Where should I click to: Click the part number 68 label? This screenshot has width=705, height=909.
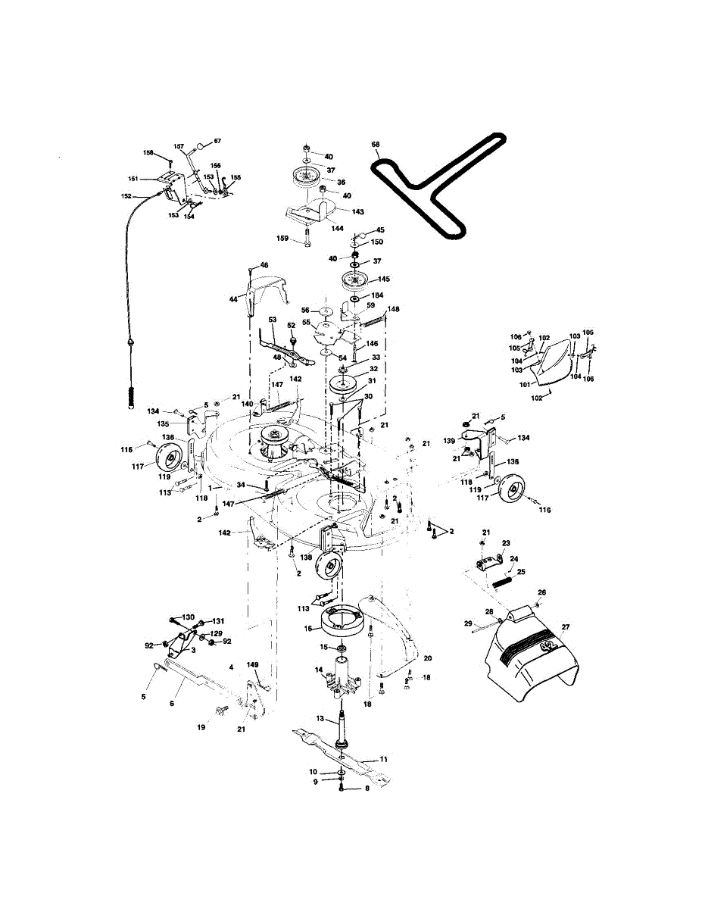(375, 144)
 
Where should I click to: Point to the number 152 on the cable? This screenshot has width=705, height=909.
(126, 196)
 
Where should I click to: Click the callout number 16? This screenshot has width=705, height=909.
(307, 628)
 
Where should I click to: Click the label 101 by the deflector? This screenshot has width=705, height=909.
(524, 385)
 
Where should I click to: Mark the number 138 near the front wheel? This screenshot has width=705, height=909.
(306, 557)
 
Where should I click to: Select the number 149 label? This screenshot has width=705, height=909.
(253, 666)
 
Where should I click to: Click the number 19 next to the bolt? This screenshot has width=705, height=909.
(201, 727)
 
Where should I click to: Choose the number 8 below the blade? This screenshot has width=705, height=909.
(367, 788)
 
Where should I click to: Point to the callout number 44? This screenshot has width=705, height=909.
(234, 300)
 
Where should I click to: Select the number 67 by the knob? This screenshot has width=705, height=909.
(217, 141)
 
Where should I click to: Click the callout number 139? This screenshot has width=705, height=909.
(449, 440)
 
